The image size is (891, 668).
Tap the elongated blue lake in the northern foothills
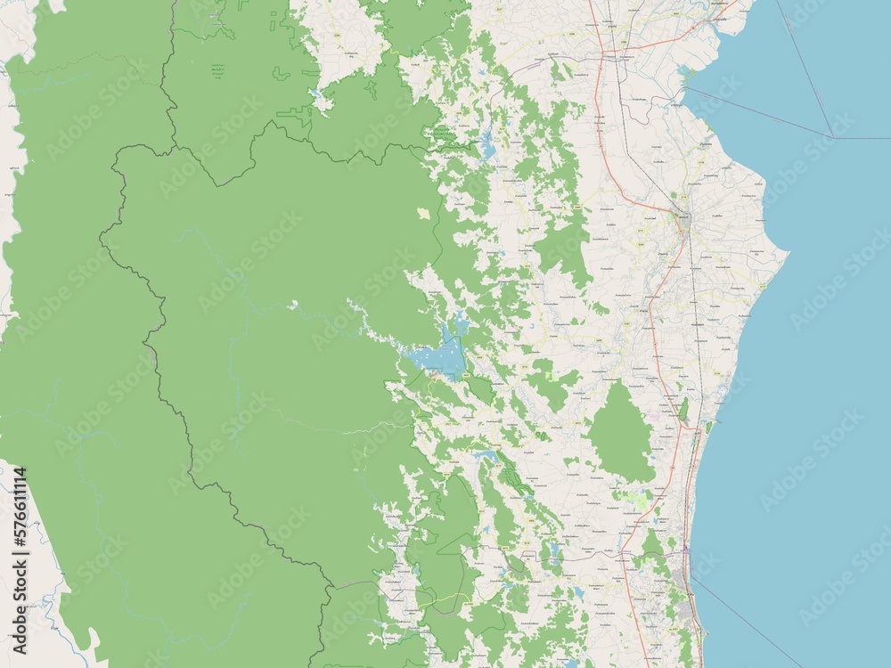tap(487, 144)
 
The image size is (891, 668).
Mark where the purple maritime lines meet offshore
tap(832, 137)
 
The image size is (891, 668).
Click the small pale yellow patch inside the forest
tap(424, 214)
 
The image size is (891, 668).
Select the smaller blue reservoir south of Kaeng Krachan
tap(486, 457)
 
